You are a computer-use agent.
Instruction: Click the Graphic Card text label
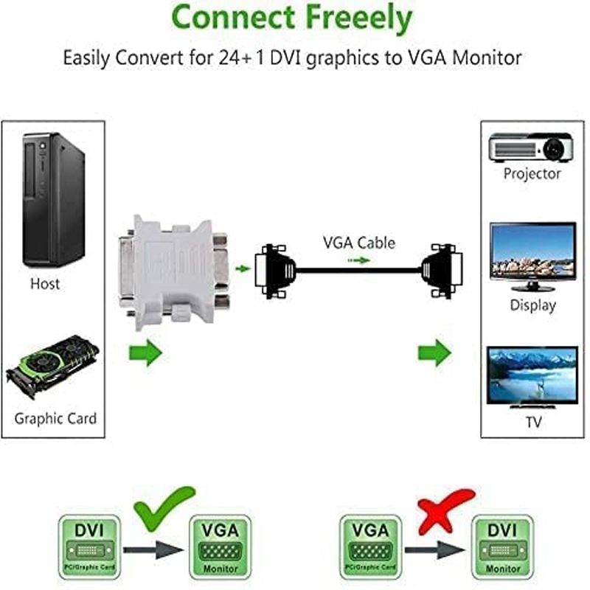click(x=55, y=418)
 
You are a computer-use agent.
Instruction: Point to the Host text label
click(x=45, y=283)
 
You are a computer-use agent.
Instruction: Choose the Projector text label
click(x=532, y=174)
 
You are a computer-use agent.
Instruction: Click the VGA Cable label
click(x=358, y=242)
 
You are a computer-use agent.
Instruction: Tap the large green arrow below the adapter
click(x=146, y=353)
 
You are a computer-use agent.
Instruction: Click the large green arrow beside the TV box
click(x=434, y=353)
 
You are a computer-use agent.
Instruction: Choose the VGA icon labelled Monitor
click(x=221, y=546)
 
